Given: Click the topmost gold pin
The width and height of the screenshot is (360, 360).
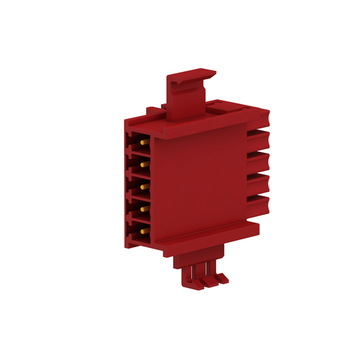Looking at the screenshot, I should tap(144, 143).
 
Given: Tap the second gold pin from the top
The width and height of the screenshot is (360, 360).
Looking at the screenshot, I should tap(144, 163).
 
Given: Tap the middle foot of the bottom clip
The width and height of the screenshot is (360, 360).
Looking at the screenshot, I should tap(206, 278).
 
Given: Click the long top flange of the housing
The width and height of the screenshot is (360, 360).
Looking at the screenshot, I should tap(203, 122).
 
